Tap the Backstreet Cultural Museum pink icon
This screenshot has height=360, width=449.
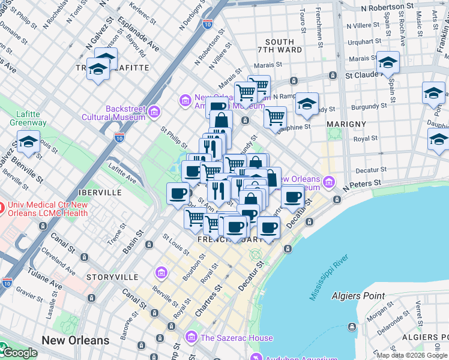(x=154, y=111)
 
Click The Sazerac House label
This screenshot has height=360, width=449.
(x=237, y=338)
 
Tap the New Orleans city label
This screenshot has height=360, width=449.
(x=76, y=340)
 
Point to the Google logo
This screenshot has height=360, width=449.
(x=19, y=353)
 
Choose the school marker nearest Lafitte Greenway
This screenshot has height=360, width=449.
(x=28, y=143)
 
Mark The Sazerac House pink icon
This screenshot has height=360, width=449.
(x=191, y=338)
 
